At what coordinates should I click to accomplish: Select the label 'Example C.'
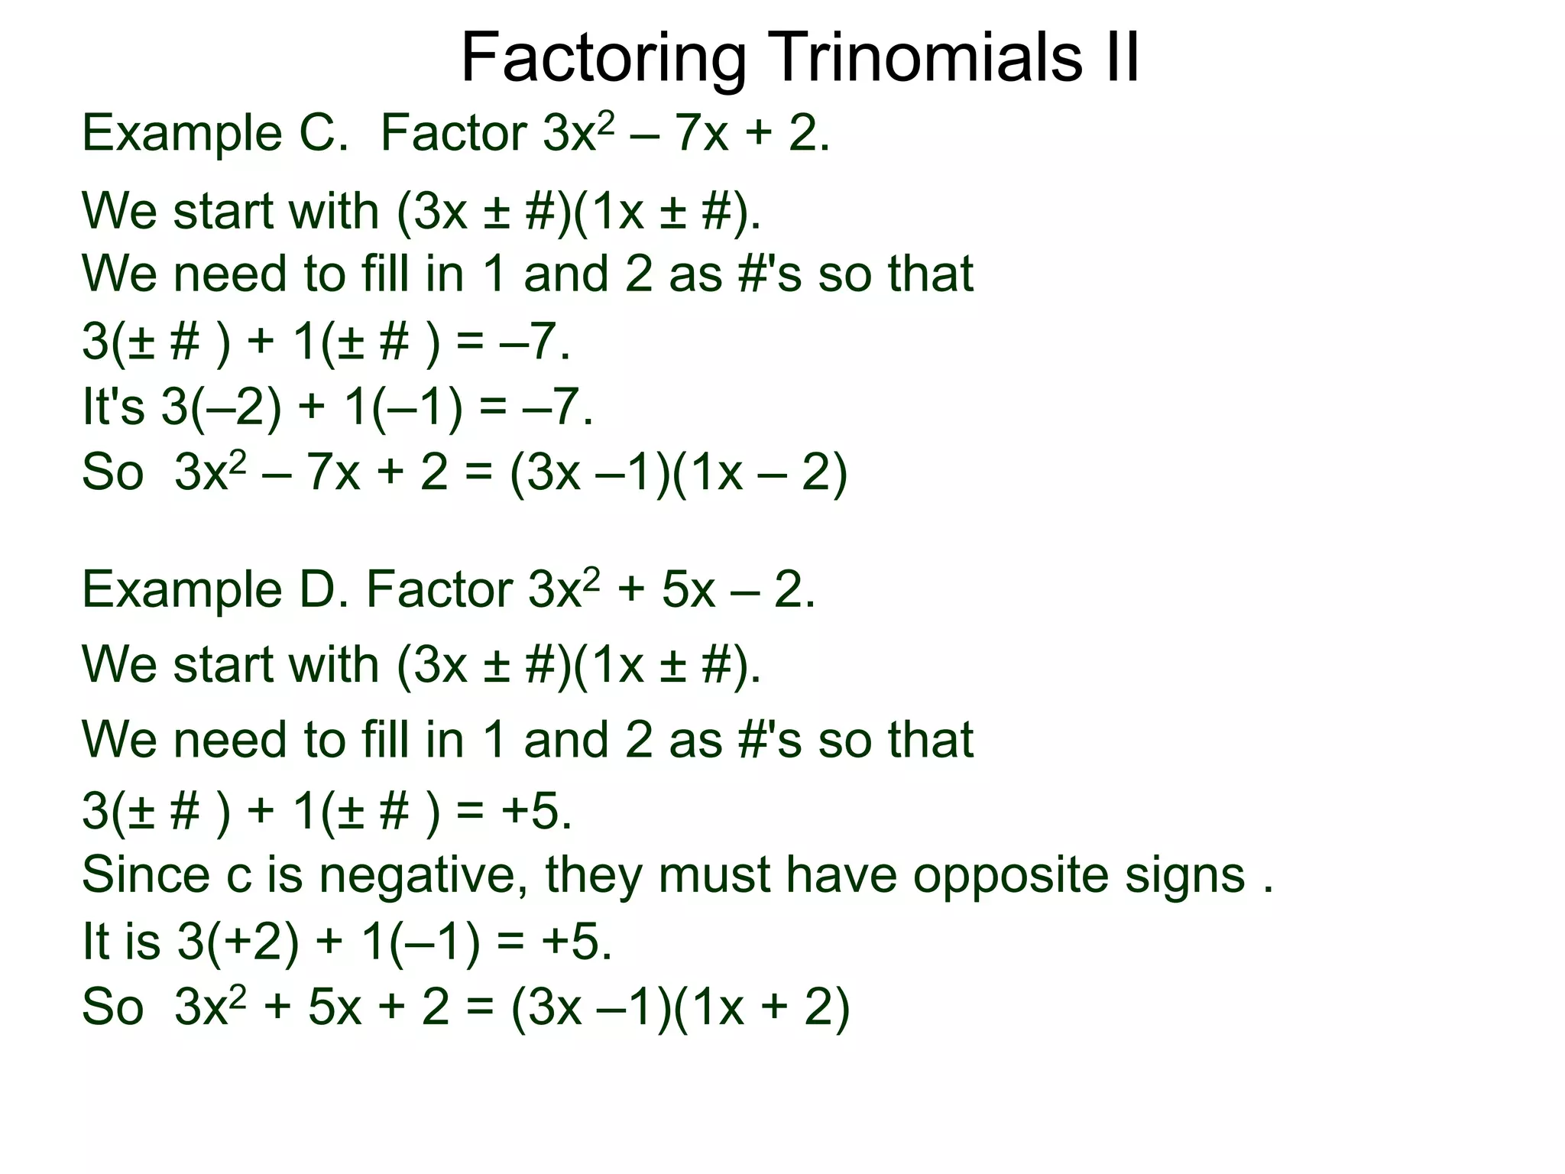click(x=215, y=134)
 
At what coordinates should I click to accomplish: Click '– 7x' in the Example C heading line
click(x=676, y=134)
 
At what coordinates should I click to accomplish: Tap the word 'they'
click(x=593, y=875)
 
